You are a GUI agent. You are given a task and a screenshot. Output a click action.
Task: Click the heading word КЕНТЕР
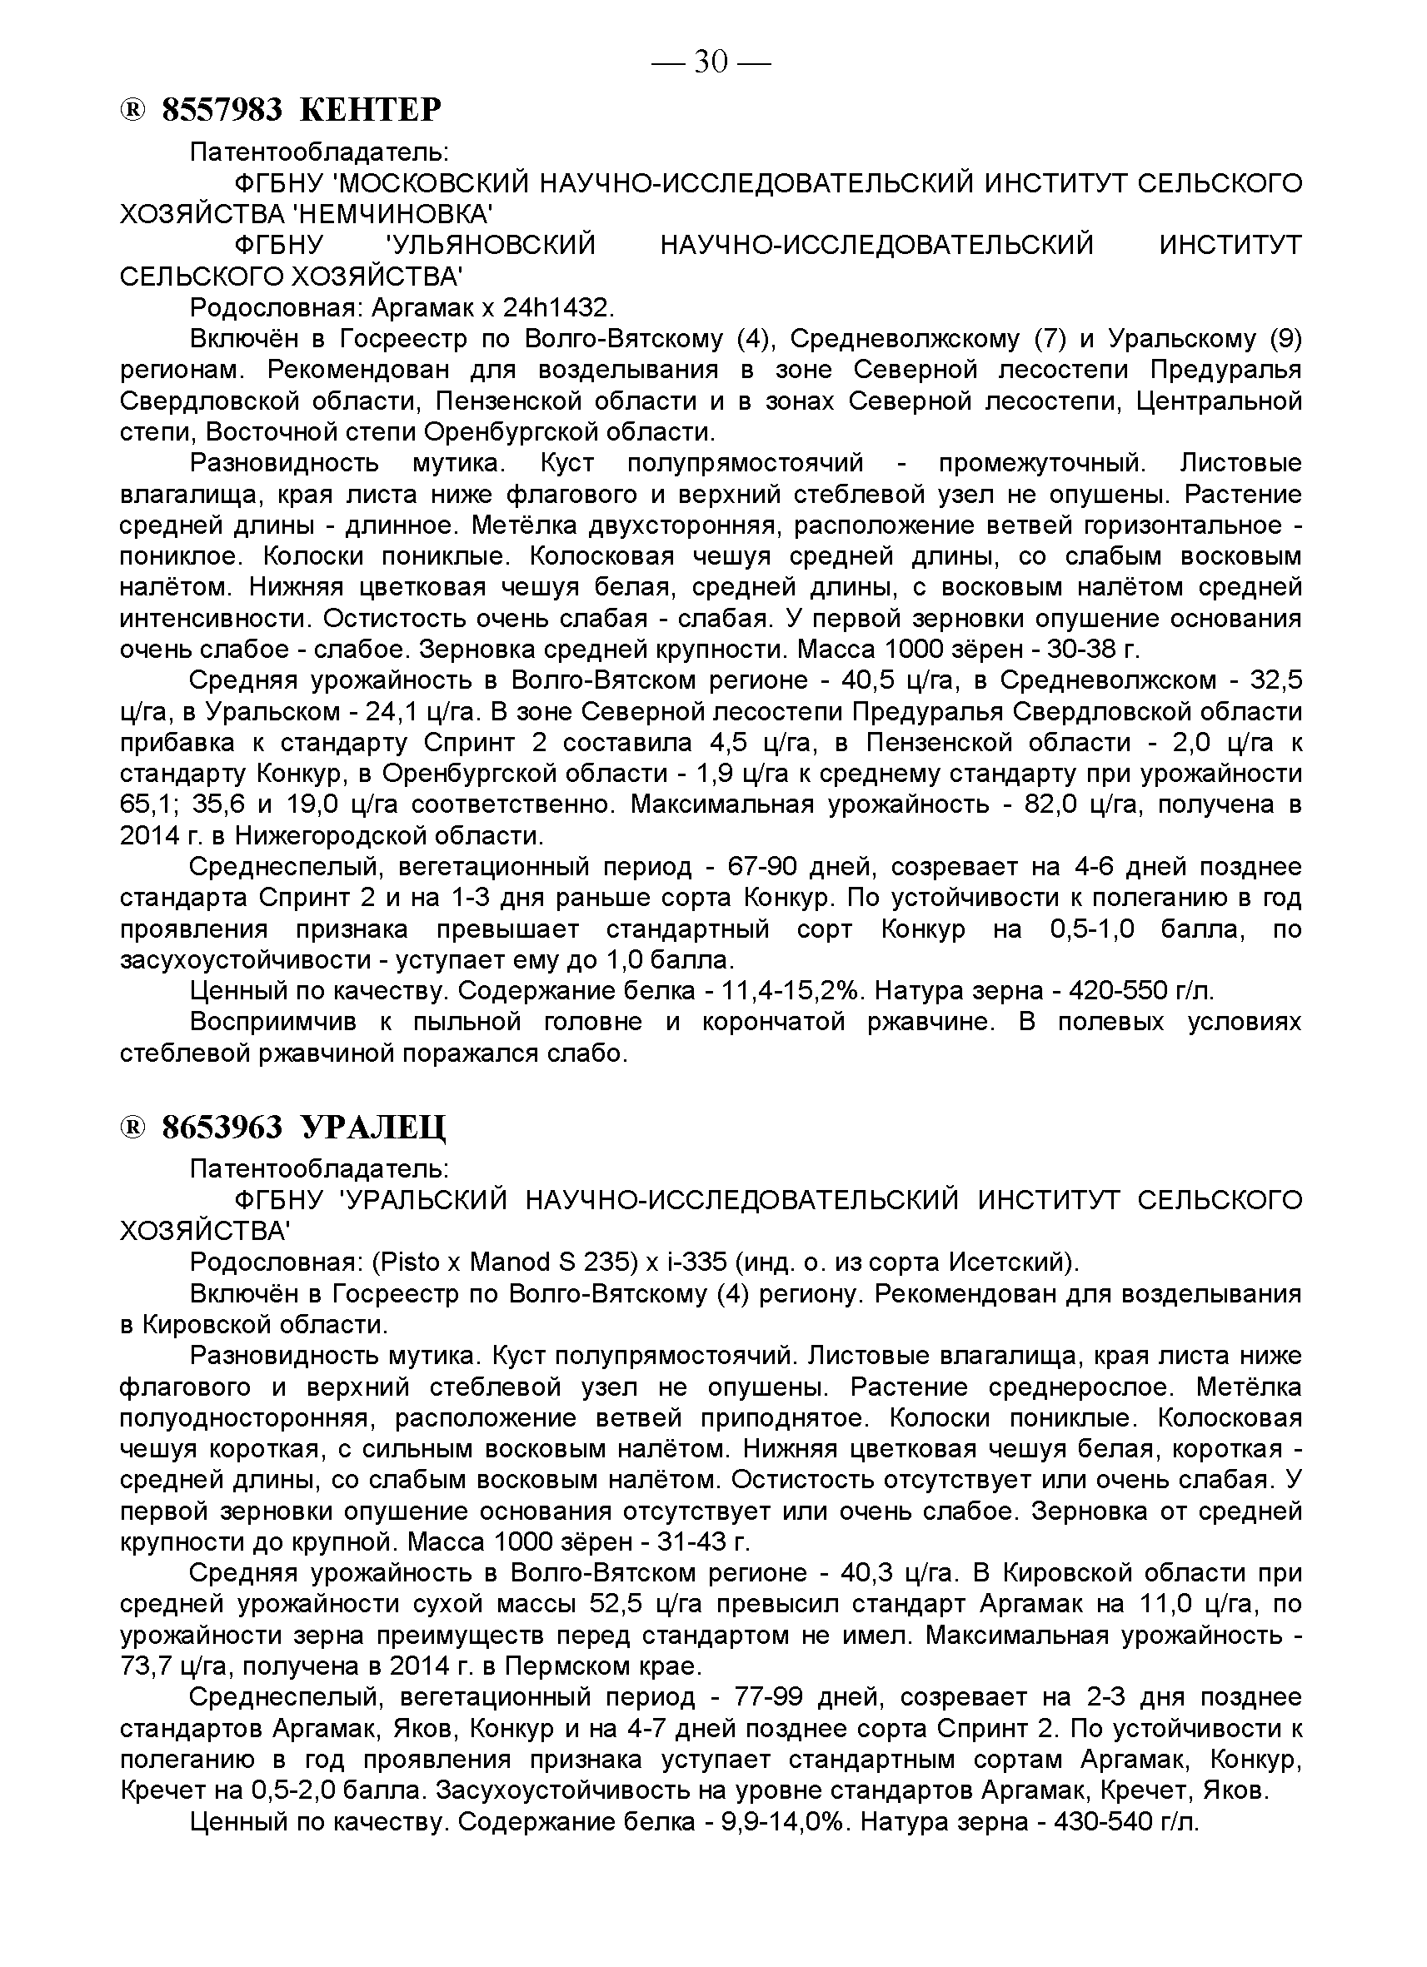click(371, 110)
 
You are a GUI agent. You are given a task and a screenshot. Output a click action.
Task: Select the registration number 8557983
click(223, 110)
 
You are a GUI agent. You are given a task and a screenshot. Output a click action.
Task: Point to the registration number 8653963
click(223, 1128)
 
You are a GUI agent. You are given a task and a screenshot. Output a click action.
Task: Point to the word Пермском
click(560, 1666)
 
